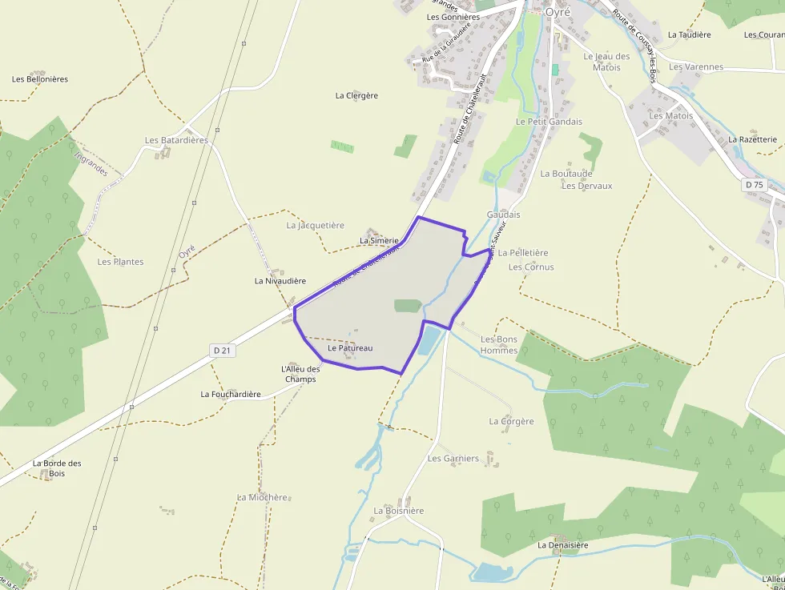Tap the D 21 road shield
point(223,351)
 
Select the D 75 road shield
point(754,184)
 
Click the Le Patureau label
point(350,348)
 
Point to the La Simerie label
point(379,240)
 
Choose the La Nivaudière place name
point(280,281)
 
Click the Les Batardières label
point(176,140)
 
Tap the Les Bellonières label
point(40,79)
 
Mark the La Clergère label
point(356,95)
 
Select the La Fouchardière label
point(231,394)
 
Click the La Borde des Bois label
point(57,468)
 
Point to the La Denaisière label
point(563,545)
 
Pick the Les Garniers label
point(453,459)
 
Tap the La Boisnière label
point(399,511)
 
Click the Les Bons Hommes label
point(499,344)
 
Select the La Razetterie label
point(753,139)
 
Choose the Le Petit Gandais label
point(549,122)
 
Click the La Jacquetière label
point(315,226)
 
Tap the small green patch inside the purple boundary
point(408,306)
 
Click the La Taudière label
point(689,35)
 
